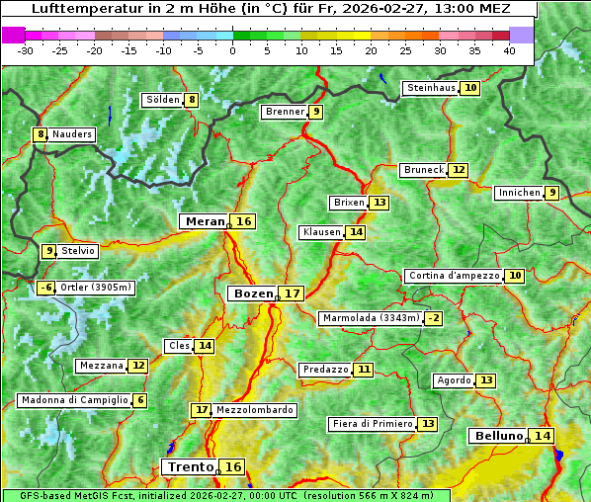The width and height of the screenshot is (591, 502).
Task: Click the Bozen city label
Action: [x=252, y=293]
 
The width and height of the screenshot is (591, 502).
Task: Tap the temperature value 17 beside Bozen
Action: [x=293, y=293]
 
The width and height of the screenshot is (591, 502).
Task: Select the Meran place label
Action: [x=206, y=221]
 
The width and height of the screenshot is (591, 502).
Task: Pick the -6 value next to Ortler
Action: [x=45, y=288]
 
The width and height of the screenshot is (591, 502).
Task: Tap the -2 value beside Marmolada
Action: [x=433, y=318]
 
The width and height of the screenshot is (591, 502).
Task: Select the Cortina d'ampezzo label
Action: [x=453, y=276]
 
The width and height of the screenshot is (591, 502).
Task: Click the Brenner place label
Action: [x=285, y=112]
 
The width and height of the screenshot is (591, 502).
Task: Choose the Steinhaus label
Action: [x=431, y=88]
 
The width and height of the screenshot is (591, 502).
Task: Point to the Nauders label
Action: [x=72, y=134]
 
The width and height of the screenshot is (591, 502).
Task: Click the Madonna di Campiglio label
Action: [x=74, y=400]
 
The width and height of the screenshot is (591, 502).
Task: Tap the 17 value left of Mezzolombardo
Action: [x=201, y=409]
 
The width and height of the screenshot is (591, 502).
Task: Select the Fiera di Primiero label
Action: [x=373, y=424]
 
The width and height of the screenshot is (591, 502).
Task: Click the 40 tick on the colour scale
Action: [x=509, y=50]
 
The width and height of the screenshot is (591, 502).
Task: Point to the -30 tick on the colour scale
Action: [x=25, y=50]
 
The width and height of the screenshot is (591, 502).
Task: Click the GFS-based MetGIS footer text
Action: [x=74, y=495]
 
